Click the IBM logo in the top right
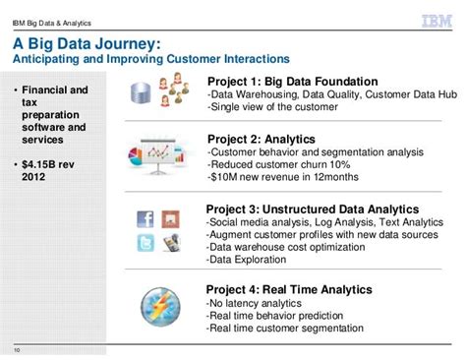[436, 19]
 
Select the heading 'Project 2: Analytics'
[260, 140]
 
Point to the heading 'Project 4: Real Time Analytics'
[289, 289]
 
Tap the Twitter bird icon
[146, 243]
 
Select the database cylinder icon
[139, 92]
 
